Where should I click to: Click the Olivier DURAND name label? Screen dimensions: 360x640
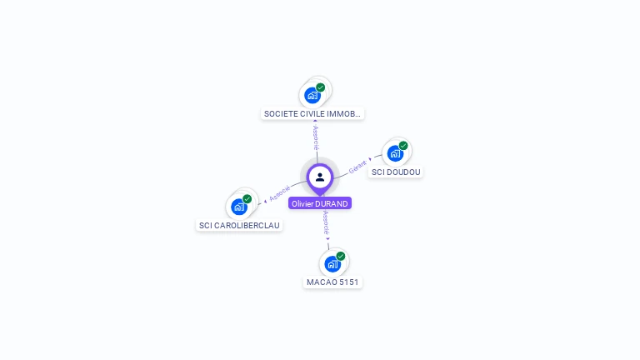320,203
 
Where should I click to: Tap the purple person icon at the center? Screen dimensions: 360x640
320,177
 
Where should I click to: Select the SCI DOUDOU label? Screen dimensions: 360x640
397,172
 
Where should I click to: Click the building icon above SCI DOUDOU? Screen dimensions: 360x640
395,153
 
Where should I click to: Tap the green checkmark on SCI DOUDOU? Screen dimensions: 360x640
403,146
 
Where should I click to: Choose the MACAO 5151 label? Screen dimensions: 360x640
332,282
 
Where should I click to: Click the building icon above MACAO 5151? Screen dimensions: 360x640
332,264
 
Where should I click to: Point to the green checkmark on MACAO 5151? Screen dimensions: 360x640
341,257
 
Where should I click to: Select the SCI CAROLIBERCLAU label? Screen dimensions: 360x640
240,226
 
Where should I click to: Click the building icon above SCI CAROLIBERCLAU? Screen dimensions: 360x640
239,207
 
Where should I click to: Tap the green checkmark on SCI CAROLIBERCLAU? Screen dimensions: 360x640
247,199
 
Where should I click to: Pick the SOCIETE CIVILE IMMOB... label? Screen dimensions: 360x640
312,113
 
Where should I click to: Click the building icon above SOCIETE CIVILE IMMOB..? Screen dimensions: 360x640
312,95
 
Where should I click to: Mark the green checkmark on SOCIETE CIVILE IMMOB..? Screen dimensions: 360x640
321,87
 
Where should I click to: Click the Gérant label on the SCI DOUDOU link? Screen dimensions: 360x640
357,166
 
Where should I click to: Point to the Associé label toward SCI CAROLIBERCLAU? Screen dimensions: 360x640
279,194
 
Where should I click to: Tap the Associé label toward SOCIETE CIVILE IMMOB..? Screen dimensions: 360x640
315,137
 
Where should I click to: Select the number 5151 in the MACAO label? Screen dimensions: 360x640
347,282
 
